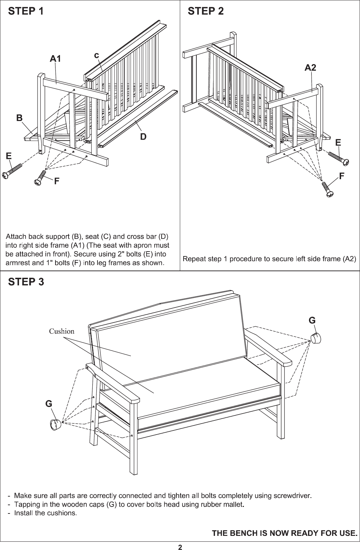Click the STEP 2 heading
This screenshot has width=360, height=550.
(x=206, y=11)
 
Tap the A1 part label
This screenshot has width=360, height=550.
(x=55, y=59)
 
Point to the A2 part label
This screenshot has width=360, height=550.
(x=310, y=68)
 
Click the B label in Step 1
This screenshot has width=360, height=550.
(x=20, y=118)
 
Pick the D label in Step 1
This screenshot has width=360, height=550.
(x=143, y=137)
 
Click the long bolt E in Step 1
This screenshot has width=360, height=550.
(x=12, y=171)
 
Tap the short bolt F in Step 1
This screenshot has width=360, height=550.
(x=40, y=177)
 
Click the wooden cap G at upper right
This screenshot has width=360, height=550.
(x=315, y=338)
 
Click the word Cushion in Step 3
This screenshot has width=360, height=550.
(x=62, y=332)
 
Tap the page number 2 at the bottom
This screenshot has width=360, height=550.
(x=180, y=547)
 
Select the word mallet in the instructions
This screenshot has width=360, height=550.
(x=234, y=505)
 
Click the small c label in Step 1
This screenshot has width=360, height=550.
(x=97, y=55)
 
